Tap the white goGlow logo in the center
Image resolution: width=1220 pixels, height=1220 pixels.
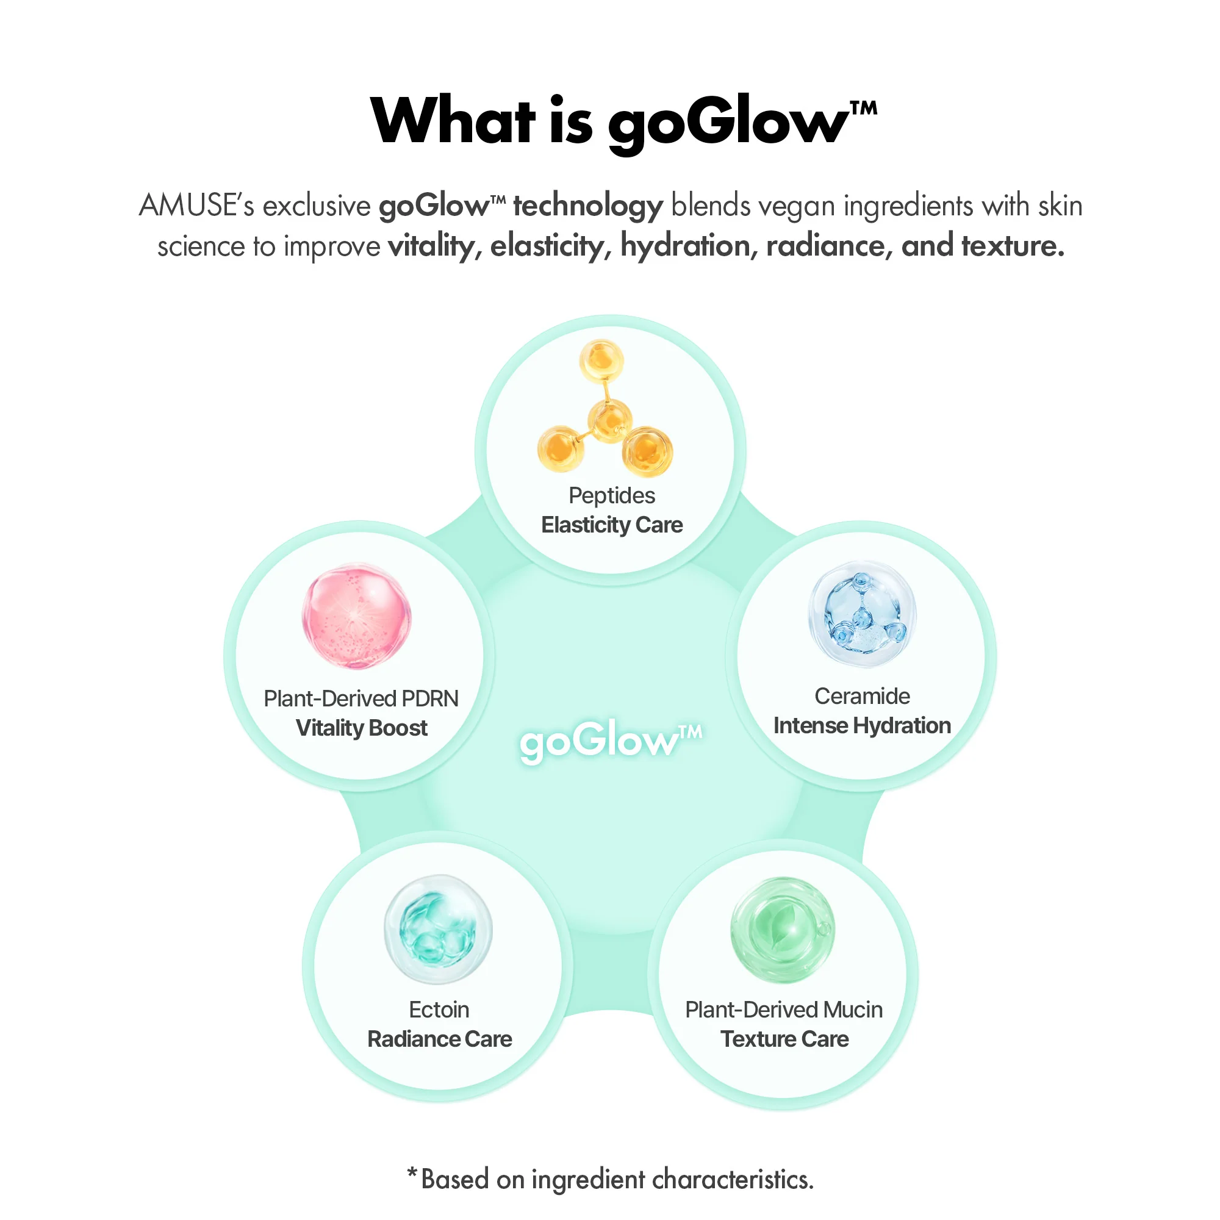click(610, 739)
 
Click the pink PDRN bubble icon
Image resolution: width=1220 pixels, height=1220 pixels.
click(357, 616)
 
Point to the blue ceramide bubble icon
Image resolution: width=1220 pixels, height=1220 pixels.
click(862, 614)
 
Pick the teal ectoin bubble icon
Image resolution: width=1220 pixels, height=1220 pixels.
click(438, 929)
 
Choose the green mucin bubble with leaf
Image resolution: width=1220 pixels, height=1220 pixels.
click(783, 930)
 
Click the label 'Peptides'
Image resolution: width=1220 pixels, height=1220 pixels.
click(612, 497)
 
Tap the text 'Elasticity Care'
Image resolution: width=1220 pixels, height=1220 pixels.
click(612, 525)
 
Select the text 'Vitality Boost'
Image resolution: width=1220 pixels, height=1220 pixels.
click(362, 728)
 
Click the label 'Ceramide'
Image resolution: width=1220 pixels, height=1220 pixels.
click(862, 696)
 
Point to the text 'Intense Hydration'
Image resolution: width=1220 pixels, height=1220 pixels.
click(862, 725)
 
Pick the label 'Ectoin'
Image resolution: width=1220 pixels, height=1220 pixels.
click(439, 1010)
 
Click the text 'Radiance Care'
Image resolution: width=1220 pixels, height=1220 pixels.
click(439, 1039)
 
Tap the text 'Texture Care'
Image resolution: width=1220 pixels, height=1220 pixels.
click(785, 1039)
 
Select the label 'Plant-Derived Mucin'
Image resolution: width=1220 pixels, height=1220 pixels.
click(784, 1010)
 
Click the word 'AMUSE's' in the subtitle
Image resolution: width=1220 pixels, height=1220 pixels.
click(196, 206)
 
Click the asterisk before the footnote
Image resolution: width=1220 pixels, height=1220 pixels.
click(412, 1173)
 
